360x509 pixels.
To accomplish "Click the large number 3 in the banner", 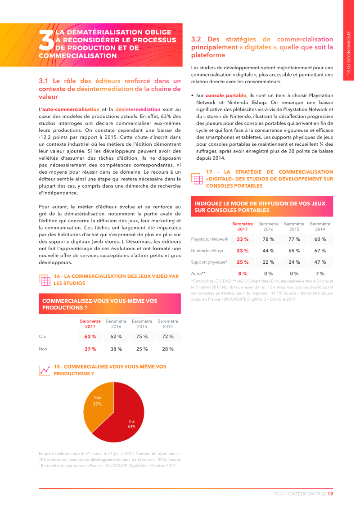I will tap(46, 41).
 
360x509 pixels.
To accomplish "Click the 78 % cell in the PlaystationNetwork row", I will tap(268, 239).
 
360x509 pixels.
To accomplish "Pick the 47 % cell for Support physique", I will tap(320, 262).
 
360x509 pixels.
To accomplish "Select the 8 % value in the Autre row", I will tap(243, 273).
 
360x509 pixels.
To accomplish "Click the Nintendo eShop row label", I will tap(207, 251).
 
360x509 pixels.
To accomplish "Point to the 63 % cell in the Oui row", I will tap(90, 336).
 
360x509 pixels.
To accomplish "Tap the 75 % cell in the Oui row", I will tap(142, 336).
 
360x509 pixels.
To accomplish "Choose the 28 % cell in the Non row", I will tap(168, 349).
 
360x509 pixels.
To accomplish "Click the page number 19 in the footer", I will tap(330, 494).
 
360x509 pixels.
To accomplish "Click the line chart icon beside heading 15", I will tap(45, 370).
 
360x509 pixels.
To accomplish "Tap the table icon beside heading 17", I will tap(197, 179).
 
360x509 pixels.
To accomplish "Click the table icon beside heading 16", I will tap(45, 280).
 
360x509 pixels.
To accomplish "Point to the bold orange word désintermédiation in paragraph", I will tap(138, 109).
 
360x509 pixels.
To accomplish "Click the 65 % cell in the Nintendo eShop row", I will tap(294, 251).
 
